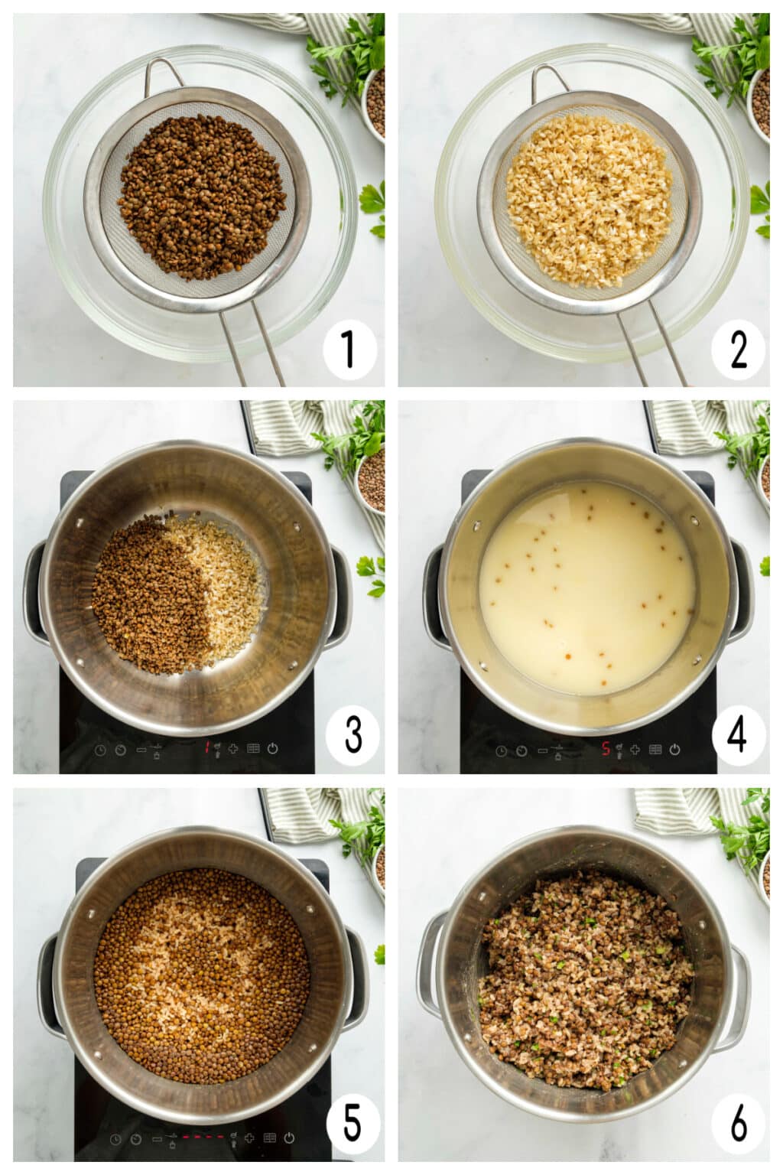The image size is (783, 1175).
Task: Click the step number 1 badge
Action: click(349, 350)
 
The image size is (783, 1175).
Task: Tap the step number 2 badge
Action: click(738, 350)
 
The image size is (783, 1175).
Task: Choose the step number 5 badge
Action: click(353, 1124)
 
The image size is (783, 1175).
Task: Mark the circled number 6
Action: click(738, 1124)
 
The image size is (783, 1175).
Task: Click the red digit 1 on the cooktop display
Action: click(206, 748)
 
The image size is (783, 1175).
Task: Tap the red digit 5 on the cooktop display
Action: click(606, 749)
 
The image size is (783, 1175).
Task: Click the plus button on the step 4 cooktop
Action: click(635, 750)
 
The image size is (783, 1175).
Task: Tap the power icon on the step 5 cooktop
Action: click(289, 1138)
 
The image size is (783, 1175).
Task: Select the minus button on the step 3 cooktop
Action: click(141, 749)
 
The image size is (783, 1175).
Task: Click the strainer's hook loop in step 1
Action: click(162, 73)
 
